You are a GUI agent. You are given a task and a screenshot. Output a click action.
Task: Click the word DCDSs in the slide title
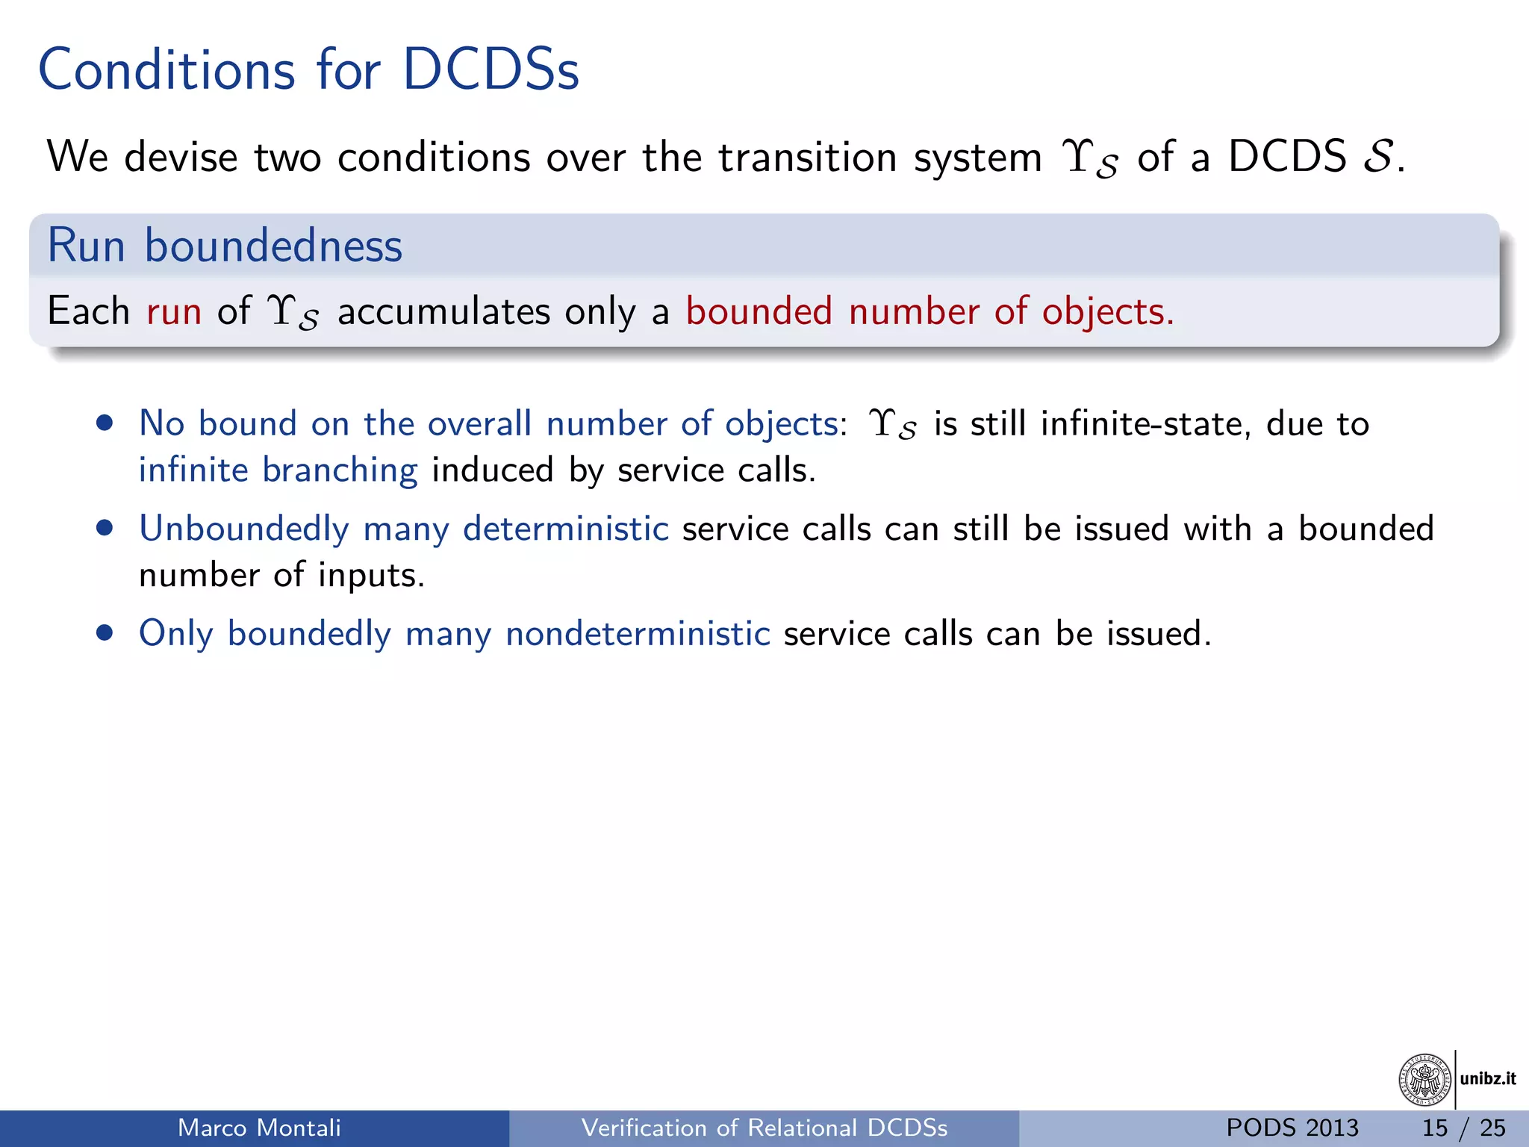[491, 70]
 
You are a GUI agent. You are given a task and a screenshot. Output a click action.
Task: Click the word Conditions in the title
[166, 70]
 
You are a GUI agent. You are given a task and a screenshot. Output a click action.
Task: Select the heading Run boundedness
[225, 246]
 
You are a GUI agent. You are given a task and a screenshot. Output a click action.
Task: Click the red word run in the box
[174, 311]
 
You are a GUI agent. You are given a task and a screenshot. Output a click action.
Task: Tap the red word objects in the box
[1107, 311]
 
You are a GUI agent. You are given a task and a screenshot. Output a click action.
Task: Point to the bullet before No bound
[105, 423]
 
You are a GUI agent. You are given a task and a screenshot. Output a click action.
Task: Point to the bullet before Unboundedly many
[105, 529]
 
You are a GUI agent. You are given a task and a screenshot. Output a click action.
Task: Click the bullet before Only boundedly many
[105, 633]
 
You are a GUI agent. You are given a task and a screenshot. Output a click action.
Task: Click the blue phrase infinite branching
[278, 470]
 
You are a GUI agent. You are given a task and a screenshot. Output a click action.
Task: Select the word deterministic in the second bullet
[565, 529]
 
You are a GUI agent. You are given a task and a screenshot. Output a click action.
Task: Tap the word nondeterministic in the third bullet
[638, 633]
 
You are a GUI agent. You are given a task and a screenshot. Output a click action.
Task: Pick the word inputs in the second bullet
[371, 576]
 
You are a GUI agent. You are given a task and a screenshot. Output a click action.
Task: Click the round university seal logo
[1424, 1079]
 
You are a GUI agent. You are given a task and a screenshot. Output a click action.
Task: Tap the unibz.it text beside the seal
[1488, 1079]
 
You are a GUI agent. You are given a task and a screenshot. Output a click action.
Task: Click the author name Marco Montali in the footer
[259, 1128]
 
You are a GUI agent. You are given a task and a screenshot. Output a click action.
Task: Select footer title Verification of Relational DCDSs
[764, 1128]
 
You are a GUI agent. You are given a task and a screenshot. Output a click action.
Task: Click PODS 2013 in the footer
[1292, 1128]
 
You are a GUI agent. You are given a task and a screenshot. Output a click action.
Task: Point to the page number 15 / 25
[1463, 1128]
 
